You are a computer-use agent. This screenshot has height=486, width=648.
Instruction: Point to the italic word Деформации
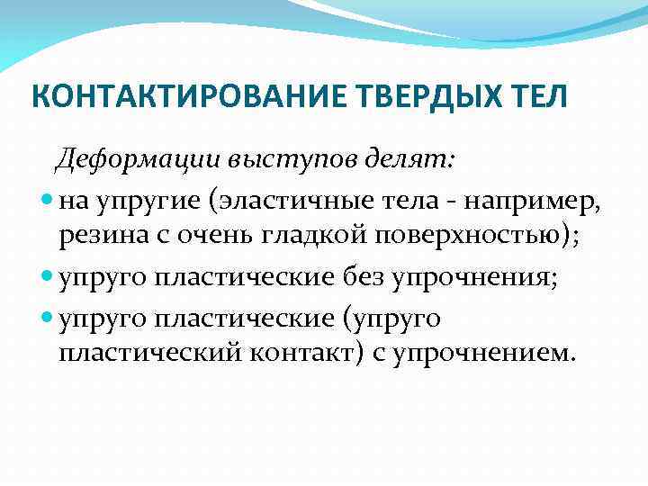140,161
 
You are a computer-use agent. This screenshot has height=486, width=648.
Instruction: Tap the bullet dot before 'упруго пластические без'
48,278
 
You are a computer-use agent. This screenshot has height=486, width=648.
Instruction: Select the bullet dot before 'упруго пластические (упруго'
48,317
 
